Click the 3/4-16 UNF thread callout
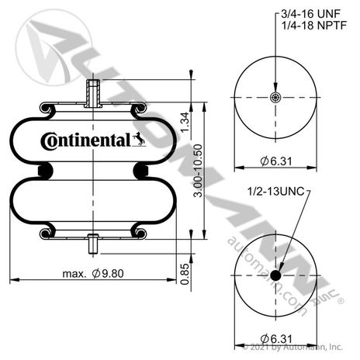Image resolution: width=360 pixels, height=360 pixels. click(x=310, y=14)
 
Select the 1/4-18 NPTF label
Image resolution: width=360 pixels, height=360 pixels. click(x=314, y=26)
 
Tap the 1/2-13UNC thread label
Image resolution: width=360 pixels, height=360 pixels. click(x=276, y=192)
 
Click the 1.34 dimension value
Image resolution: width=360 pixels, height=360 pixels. click(x=185, y=122)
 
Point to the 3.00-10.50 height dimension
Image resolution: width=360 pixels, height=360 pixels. click(x=198, y=171)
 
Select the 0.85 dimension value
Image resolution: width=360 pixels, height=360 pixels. click(x=185, y=274)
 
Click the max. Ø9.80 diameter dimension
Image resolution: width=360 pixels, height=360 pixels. click(x=93, y=274)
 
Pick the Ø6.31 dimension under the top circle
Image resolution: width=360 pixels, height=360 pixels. click(x=276, y=161)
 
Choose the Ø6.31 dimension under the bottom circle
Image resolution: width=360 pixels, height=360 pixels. click(x=276, y=339)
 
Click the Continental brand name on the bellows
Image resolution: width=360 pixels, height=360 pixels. click(x=85, y=141)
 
